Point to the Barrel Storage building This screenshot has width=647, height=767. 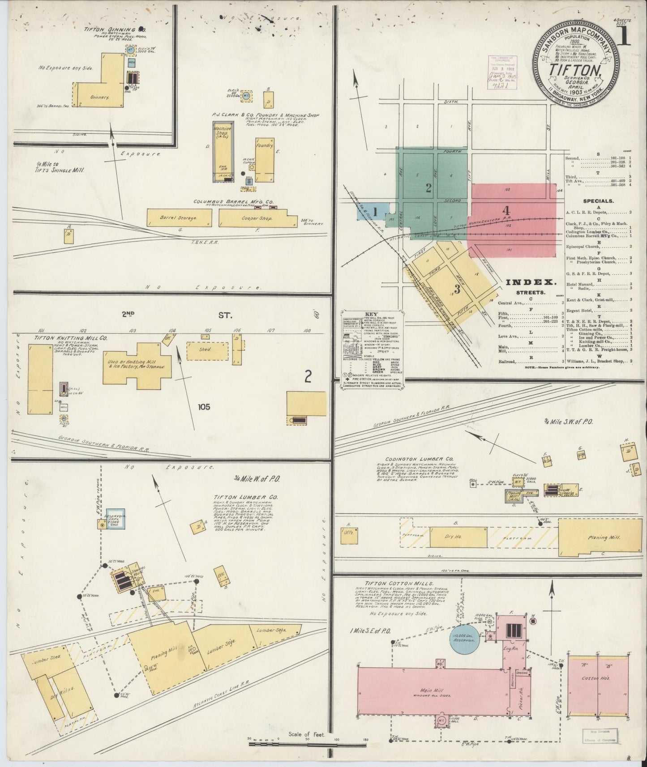(178, 218)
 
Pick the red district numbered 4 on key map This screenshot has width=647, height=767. (506, 210)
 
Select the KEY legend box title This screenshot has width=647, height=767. (372, 314)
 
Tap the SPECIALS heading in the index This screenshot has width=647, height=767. (598, 201)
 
